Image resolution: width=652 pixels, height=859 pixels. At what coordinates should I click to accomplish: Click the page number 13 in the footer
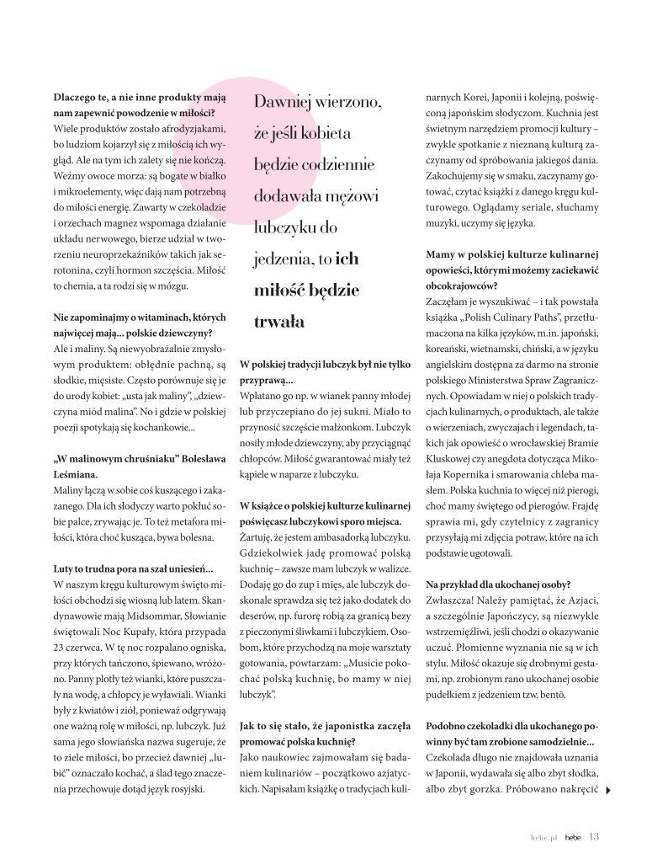[594, 836]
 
